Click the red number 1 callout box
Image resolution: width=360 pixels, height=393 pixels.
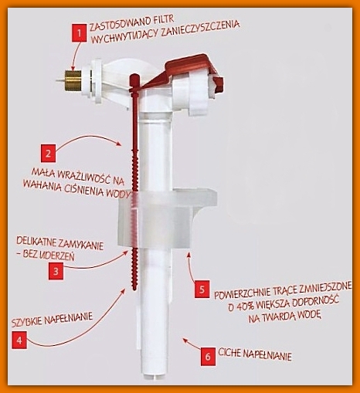[x=80, y=33]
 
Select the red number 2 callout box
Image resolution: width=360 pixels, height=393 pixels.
[x=48, y=154]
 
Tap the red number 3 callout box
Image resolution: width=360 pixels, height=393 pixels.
[x=56, y=271]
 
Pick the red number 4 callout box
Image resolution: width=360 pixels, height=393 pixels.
[x=19, y=340]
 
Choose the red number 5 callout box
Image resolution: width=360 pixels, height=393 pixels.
[x=202, y=290]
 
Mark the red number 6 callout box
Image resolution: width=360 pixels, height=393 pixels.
[x=208, y=357]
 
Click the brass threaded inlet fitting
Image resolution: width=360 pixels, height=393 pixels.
[x=73, y=80]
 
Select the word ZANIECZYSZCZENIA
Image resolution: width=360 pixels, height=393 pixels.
[x=200, y=29]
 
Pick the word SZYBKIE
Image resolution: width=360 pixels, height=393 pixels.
[x=27, y=322]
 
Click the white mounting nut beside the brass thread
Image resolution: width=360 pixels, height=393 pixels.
[x=93, y=81]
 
